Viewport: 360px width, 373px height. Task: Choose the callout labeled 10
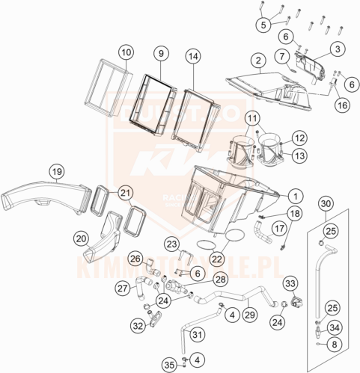tap(125, 52)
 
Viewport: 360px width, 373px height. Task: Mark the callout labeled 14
tap(193, 56)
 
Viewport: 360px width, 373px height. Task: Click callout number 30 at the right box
tap(325, 204)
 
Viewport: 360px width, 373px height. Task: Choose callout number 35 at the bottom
tap(169, 365)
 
